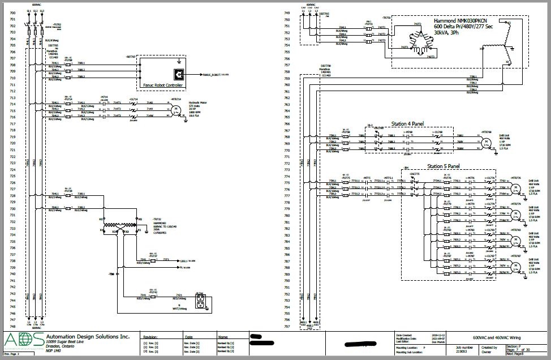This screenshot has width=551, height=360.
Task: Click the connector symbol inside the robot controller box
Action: point(178,74)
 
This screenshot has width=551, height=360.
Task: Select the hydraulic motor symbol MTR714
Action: point(175,109)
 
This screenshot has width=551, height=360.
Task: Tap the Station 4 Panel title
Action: point(408,123)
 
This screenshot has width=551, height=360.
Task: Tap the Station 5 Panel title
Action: point(442,166)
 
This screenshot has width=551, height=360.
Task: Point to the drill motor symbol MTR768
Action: point(486,139)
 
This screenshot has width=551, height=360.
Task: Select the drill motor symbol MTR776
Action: point(515,185)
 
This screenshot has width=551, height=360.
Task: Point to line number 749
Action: point(287,13)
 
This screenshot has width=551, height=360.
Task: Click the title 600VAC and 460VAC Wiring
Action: point(497,336)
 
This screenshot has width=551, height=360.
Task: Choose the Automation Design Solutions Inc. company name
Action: point(88,336)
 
